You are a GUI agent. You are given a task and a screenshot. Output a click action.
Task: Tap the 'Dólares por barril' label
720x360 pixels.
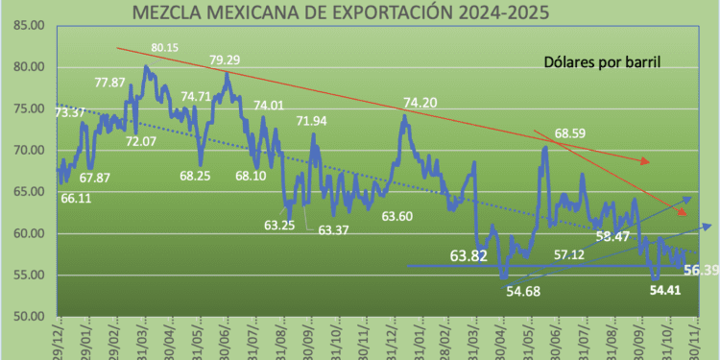point(601,63)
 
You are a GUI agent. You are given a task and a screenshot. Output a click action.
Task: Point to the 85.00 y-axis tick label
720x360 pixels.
point(23,25)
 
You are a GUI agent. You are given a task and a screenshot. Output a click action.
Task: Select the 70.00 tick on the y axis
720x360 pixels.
point(23,151)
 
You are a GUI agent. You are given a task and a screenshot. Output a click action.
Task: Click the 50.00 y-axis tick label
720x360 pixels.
point(23,317)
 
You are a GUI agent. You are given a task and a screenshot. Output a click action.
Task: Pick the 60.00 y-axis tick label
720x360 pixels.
point(23,234)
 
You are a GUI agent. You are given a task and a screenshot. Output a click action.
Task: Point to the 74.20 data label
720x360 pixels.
point(424,103)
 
